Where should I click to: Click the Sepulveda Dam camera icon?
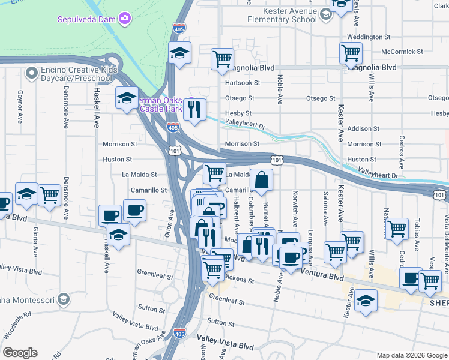point(125,19)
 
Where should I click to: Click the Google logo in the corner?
point(20,353)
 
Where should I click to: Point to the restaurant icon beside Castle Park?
point(194,109)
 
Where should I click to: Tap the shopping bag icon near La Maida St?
point(262,179)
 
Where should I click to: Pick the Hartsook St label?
point(242,83)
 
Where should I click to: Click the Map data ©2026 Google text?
point(411,355)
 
